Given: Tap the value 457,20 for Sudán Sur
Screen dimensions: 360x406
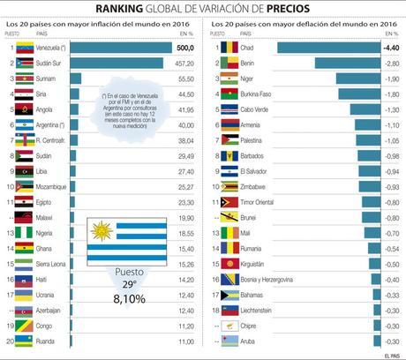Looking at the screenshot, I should click(184, 63).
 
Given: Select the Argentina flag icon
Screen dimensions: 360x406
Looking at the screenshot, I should click(24, 124).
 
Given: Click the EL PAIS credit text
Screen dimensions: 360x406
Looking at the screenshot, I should click(392, 355).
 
